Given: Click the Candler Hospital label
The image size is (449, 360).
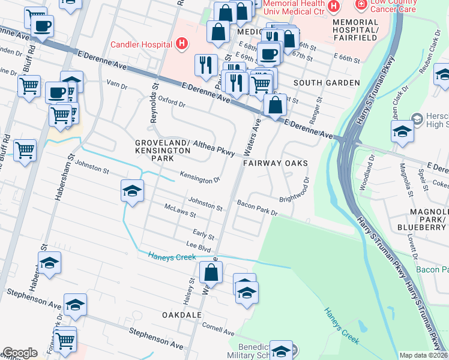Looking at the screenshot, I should pyautogui.click(x=141, y=44).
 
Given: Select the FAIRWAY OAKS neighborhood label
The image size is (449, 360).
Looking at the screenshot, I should pyautogui.click(x=276, y=163).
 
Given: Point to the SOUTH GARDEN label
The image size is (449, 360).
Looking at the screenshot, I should pyautogui.click(x=326, y=82).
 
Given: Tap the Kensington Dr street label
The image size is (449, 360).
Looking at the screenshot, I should pyautogui.click(x=200, y=179).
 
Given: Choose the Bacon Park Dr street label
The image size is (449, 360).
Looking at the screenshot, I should pyautogui.click(x=257, y=208).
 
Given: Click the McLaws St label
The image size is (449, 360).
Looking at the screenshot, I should pyautogui.click(x=180, y=211).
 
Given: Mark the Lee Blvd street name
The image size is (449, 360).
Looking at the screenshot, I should pyautogui.click(x=199, y=246).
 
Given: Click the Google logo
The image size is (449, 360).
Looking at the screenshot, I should pyautogui.click(x=20, y=353).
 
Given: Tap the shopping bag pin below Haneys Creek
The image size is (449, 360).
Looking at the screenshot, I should pyautogui.click(x=211, y=273).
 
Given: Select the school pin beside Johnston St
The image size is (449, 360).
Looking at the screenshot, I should pyautogui.click(x=133, y=191).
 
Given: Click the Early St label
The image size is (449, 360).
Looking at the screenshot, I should pyautogui.click(x=203, y=235).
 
